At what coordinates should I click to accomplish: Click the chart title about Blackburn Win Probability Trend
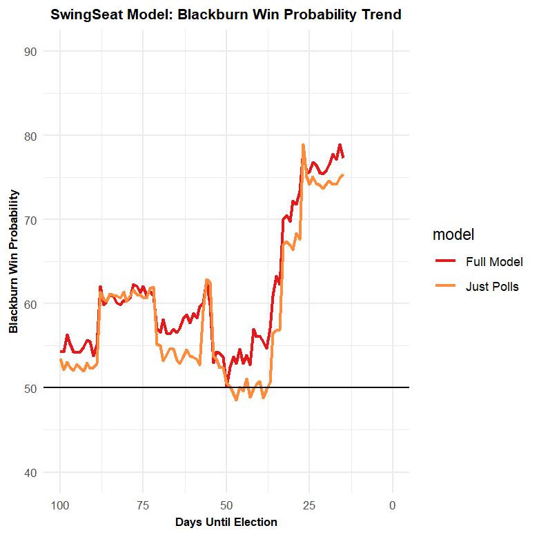[226, 14]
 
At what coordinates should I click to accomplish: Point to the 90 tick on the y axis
[30, 51]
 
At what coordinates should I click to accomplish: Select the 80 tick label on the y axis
[30, 135]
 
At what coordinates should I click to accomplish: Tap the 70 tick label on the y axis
[30, 219]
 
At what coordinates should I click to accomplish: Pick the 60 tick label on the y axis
[30, 303]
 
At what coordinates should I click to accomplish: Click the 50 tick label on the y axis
[30, 388]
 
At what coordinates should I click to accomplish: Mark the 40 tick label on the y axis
[30, 472]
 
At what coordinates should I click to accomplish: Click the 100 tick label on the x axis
[60, 505]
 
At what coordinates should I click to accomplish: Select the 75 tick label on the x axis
[143, 505]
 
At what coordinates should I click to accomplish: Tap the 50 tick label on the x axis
[226, 505]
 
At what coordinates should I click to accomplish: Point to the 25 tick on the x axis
[309, 505]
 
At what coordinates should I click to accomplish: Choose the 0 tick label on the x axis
[393, 505]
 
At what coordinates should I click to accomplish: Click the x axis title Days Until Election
[226, 523]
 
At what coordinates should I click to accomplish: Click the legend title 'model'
[453, 234]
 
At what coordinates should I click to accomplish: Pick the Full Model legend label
[494, 262]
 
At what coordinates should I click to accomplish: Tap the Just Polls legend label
[492, 287]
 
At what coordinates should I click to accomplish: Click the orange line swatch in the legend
[445, 287]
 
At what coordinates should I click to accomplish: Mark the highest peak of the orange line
[303, 145]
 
